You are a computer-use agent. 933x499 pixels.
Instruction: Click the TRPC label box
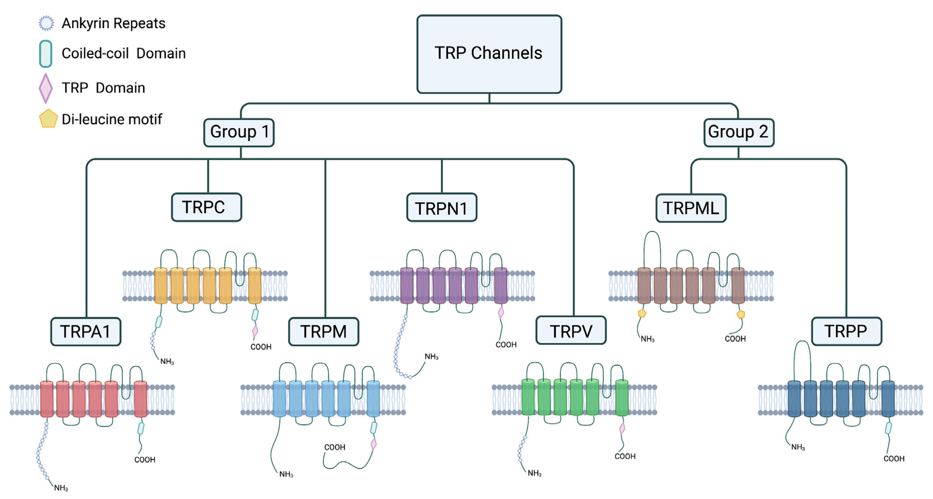pyautogui.click(x=206, y=207)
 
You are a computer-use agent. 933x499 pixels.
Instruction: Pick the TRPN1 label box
pyautogui.click(x=441, y=208)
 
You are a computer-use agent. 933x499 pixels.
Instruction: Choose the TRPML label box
pyautogui.click(x=691, y=208)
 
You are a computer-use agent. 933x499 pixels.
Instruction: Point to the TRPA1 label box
pyautogui.click(x=85, y=331)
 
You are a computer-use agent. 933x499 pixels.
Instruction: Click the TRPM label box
pyautogui.click(x=323, y=331)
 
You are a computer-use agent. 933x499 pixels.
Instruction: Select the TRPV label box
pyautogui.click(x=571, y=330)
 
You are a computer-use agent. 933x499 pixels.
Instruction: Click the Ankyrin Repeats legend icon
pyautogui.click(x=46, y=23)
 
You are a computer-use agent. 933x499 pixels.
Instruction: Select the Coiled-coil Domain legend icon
pyautogui.click(x=46, y=54)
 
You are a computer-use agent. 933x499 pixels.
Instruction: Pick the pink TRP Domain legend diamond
pyautogui.click(x=46, y=88)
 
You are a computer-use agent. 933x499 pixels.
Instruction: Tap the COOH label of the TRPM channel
pyautogui.click(x=334, y=447)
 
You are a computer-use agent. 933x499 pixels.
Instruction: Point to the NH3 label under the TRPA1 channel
pyautogui.click(x=61, y=488)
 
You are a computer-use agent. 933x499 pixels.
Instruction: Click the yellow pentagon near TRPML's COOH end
pyautogui.click(x=741, y=314)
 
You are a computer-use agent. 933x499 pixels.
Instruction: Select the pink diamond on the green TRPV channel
pyautogui.click(x=622, y=428)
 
